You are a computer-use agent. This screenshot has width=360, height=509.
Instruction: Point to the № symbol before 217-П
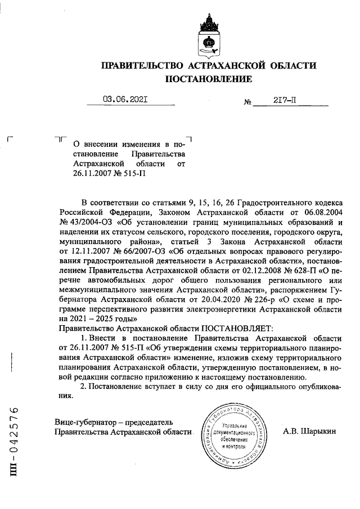pos(247,103)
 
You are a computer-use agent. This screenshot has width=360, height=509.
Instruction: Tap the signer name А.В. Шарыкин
pos(310,431)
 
